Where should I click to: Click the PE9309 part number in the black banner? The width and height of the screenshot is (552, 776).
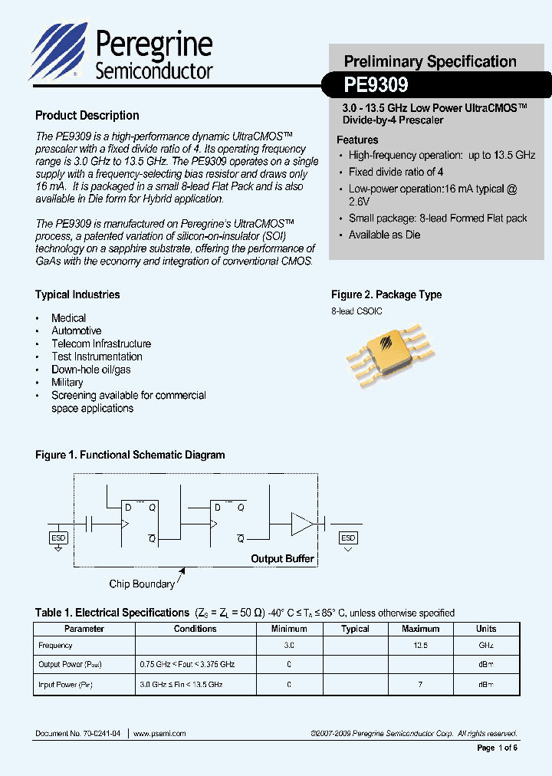tap(376, 84)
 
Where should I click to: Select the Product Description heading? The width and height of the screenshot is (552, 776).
tap(87, 116)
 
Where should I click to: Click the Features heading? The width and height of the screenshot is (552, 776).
tap(357, 140)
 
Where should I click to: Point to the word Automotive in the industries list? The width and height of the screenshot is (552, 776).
tap(76, 331)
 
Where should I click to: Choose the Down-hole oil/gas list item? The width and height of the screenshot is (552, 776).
tap(90, 370)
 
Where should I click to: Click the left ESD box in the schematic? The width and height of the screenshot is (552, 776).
tap(59, 538)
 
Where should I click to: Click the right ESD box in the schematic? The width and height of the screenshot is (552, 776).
tap(348, 538)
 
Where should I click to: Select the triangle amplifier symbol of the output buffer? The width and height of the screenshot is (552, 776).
tap(301, 524)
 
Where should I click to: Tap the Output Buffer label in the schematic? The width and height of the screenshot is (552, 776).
tap(282, 559)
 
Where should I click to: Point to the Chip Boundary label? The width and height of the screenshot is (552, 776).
tap(142, 584)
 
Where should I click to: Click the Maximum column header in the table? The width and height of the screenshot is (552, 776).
tap(420, 629)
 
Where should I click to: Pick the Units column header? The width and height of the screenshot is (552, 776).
tap(486, 629)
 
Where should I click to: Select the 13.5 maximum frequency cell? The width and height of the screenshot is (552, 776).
tap(420, 646)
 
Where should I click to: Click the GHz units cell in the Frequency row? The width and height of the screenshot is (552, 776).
tap(486, 646)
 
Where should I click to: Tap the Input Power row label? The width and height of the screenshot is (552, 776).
tap(65, 683)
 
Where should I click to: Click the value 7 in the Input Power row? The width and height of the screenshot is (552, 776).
tap(420, 683)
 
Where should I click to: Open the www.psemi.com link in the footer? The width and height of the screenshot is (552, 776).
tap(160, 734)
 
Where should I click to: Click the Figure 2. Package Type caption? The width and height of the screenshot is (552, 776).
tap(386, 295)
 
